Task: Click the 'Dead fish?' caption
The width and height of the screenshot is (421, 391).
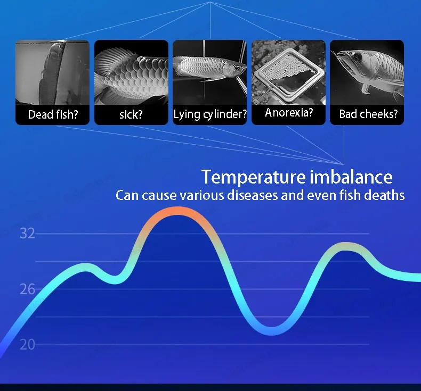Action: (53, 114)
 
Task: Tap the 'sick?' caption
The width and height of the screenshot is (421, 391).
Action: (131, 115)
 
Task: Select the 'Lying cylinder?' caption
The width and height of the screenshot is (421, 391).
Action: (209, 114)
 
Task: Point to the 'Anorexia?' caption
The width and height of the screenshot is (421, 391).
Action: (289, 113)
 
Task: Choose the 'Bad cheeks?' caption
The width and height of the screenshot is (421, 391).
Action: (368, 114)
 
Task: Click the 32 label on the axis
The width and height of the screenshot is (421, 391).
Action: (27, 234)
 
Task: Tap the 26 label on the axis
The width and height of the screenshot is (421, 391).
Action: (27, 289)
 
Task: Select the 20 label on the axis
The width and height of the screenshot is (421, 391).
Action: (27, 345)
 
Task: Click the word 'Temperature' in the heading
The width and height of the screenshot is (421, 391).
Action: (254, 177)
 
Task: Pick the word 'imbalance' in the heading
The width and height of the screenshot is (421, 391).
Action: (351, 177)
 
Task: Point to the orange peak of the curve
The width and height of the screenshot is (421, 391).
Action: (177, 211)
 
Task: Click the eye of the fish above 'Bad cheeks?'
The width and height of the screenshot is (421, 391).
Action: (358, 57)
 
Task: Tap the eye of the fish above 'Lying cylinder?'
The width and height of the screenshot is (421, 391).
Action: (237, 68)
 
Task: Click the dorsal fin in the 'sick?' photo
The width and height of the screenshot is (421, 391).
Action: (110, 61)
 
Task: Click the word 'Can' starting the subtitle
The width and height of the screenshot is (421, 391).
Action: (127, 195)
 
